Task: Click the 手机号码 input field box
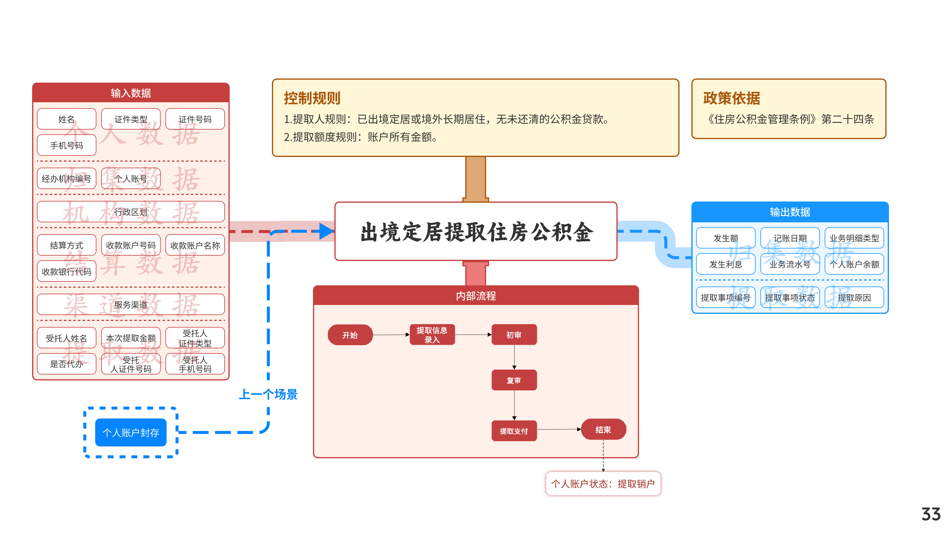pos(67,145)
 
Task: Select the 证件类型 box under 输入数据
pos(131,119)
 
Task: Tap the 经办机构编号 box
pos(67,178)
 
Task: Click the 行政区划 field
pos(131,212)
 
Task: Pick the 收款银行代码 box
pos(67,271)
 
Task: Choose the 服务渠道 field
pos(131,305)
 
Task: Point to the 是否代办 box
pos(67,364)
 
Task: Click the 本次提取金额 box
pos(131,338)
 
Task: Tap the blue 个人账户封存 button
pos(131,432)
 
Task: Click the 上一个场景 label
pos(268,394)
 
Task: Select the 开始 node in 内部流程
pos(350,335)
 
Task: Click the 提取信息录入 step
pos(432,335)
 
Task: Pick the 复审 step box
pos(514,380)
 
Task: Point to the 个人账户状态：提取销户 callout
pos(603,484)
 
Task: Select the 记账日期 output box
pos(790,238)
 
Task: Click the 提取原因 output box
pos(854,298)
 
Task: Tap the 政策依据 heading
pos(732,98)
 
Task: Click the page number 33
pos(931,514)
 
